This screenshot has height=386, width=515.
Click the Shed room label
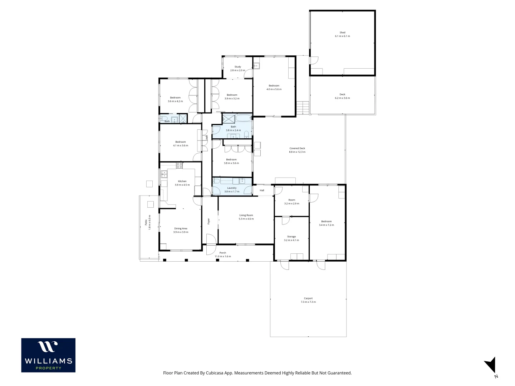(x=342, y=33)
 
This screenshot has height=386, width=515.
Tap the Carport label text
(x=308, y=298)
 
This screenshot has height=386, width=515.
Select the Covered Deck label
(x=297, y=148)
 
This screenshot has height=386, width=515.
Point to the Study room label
(x=238, y=67)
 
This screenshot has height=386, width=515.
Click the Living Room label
(x=246, y=215)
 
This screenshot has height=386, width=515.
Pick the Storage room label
(x=291, y=237)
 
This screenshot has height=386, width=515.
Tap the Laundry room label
(x=232, y=188)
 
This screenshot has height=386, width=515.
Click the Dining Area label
(x=181, y=228)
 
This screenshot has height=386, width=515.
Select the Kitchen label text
(x=182, y=181)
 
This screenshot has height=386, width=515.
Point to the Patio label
(x=146, y=222)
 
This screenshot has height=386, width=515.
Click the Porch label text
(x=223, y=253)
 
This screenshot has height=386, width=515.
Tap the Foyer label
(x=209, y=221)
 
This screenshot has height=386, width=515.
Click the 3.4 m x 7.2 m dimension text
(x=327, y=225)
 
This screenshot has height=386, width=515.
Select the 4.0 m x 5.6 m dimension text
(x=274, y=89)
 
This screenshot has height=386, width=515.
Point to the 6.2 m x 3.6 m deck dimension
(x=342, y=98)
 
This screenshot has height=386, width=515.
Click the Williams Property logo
(x=48, y=355)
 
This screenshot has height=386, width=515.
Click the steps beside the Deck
(x=303, y=108)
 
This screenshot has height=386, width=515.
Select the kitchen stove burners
(x=179, y=165)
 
